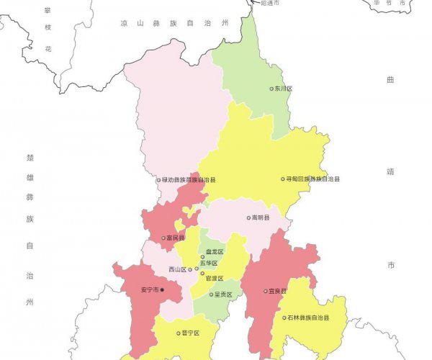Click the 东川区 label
pyautogui.click(x=284, y=89)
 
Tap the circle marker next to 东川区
pyautogui.click(x=271, y=89)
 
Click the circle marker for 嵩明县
pyautogui.click(x=248, y=217)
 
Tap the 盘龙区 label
pyautogui.click(x=215, y=252)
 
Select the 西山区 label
pyautogui.click(x=177, y=269)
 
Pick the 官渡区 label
pyautogui.click(x=215, y=278)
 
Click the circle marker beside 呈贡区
pyautogui.click(x=212, y=294)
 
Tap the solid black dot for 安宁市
pyautogui.click(x=162, y=290)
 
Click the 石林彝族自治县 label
pyautogui.click(x=309, y=318)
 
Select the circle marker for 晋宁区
pyautogui.click(x=178, y=333)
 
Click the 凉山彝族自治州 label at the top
pyautogui.click(x=174, y=24)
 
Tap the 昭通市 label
pyautogui.click(x=269, y=4)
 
